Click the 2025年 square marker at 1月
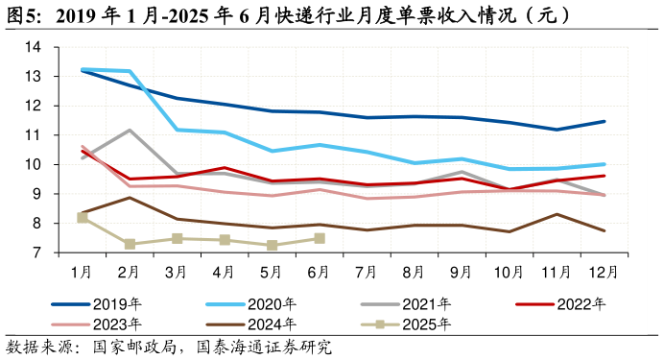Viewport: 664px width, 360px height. coord(83,218)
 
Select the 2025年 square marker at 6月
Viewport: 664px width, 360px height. coord(320,238)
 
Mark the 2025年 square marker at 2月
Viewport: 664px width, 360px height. coord(130,245)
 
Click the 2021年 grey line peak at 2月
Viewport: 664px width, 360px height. coord(130,130)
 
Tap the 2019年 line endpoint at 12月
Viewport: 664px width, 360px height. coord(604,121)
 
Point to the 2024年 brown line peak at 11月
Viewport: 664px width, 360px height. coord(557,214)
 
